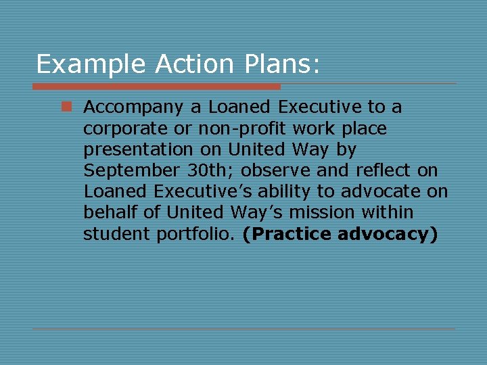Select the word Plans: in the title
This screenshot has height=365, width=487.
pos(277,64)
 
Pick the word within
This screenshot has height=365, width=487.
pos(387,213)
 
